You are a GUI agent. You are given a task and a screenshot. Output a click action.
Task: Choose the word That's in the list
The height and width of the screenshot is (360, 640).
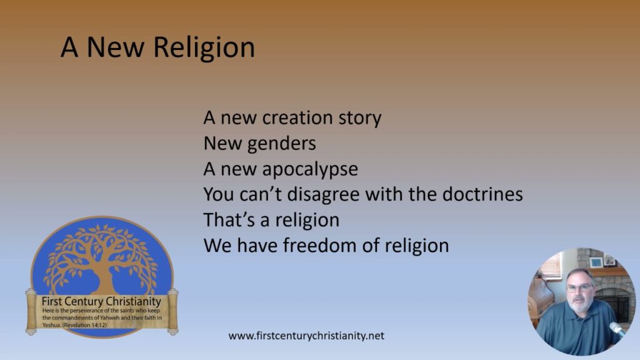click(226, 220)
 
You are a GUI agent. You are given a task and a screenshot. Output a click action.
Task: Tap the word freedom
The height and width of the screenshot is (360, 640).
click(337, 246)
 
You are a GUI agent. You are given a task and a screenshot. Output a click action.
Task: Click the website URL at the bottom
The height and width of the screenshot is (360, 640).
click(306, 336)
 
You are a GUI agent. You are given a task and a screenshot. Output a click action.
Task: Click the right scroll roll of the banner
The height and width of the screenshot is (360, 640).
click(173, 311)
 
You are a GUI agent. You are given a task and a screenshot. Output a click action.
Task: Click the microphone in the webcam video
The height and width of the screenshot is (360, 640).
click(618, 329)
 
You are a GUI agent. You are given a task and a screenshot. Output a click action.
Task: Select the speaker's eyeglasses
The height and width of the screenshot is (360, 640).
click(580, 288)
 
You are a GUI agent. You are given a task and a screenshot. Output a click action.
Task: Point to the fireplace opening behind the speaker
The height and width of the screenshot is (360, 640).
click(616, 303)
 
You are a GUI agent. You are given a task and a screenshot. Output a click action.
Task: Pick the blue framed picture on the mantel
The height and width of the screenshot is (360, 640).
click(596, 262)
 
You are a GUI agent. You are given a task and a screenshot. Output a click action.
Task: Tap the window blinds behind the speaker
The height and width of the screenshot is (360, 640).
click(550, 266)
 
